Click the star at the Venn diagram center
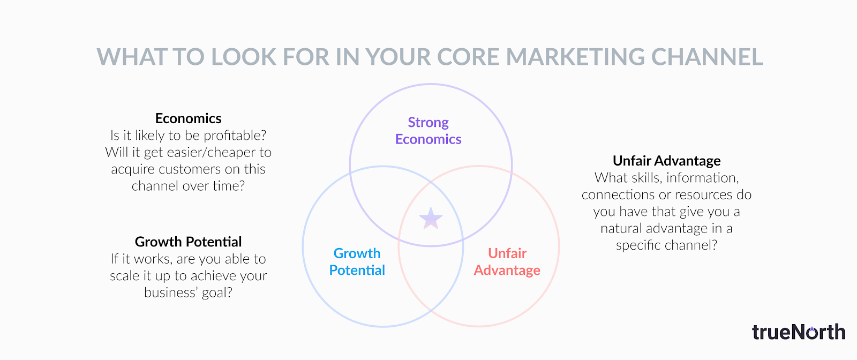[431, 219]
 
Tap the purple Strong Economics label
[428, 131]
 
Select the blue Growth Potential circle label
[357, 261]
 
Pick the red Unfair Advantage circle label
[507, 261]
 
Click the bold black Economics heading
[188, 118]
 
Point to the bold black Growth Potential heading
[188, 242]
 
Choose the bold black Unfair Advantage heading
[666, 161]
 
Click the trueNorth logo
[799, 332]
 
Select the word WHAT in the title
[131, 57]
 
